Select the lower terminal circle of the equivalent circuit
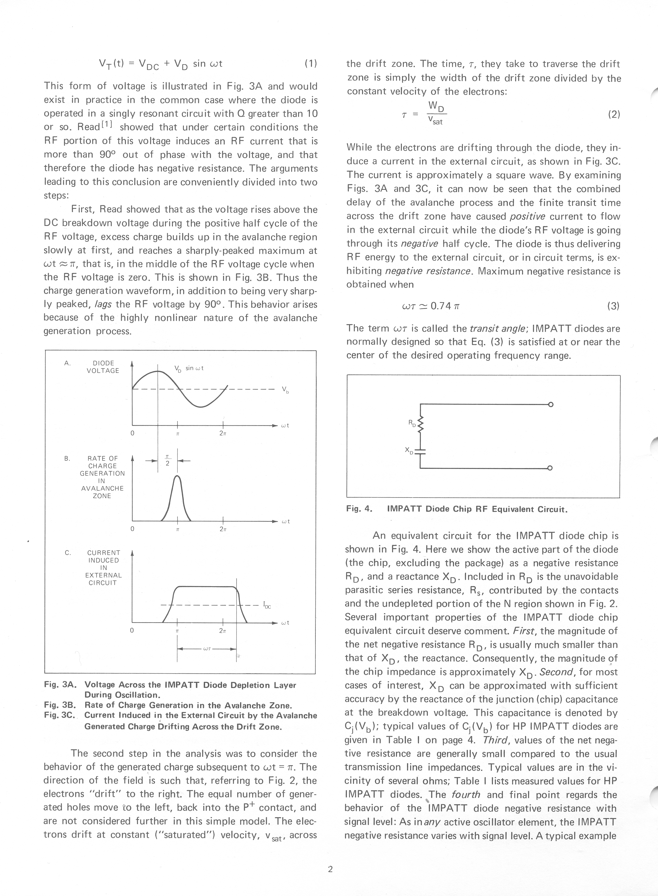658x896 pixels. click(550, 468)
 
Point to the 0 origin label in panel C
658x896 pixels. click(132, 630)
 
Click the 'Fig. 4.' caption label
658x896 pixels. click(359, 509)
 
